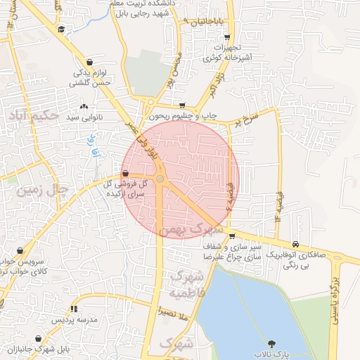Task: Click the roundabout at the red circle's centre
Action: [x=160, y=179]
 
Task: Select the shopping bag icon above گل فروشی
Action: [x=125, y=173]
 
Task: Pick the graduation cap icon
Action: [x=62, y=30]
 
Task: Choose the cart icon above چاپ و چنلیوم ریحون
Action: [x=183, y=105]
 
